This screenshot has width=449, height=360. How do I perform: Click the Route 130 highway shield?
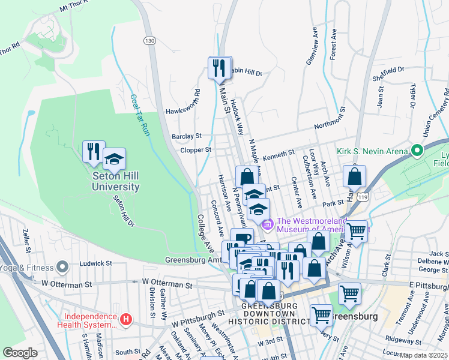tap(149, 40)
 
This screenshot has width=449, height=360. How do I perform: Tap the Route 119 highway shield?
tap(361, 196)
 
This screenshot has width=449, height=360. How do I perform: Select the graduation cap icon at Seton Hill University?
tap(114, 159)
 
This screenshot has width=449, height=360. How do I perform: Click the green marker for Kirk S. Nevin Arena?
tap(417, 151)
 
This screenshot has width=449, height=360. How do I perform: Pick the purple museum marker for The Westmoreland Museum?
tap(268, 225)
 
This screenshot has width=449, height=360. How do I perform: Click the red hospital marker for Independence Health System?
tap(125, 320)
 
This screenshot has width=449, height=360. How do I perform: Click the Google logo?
tap(20, 353)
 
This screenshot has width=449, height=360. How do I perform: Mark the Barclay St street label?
tap(186, 136)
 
